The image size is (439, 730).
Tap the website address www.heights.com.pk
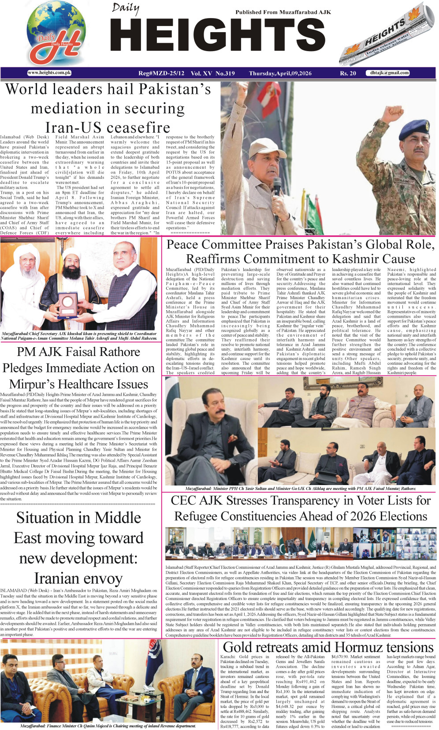[49, 73]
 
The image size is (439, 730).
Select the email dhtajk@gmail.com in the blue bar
[389, 73]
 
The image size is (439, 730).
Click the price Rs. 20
[348, 73]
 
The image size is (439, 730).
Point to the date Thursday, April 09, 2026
[280, 73]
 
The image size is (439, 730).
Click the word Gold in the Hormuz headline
[238, 647]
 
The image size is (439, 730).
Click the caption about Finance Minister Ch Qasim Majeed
[108, 726]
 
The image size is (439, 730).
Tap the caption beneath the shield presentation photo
[79, 336]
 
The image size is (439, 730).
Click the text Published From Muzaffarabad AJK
[283, 12]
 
